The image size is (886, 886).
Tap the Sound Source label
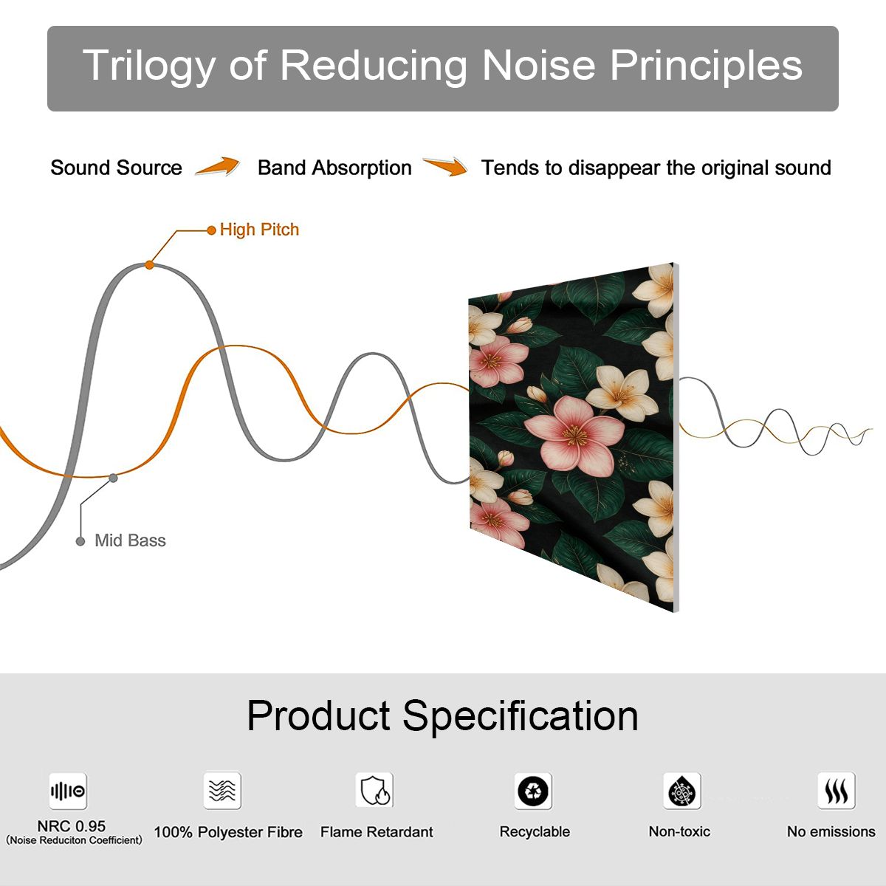click(x=117, y=168)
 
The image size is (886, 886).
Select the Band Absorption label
click(x=334, y=168)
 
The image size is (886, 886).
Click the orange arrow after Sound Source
click(x=218, y=166)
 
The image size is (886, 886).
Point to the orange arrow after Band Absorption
click(x=445, y=166)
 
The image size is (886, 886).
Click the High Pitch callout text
click(x=259, y=230)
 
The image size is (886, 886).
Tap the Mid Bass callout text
click(x=130, y=540)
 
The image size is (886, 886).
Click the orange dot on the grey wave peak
click(x=149, y=265)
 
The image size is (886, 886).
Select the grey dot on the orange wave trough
click(x=113, y=478)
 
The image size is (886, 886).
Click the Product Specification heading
click(x=442, y=716)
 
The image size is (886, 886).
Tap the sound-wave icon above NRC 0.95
click(x=68, y=791)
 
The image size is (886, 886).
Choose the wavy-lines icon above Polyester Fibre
click(x=222, y=790)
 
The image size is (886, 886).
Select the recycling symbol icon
click(x=533, y=791)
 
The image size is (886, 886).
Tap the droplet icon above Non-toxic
click(x=682, y=791)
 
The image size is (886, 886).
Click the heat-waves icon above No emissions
click(x=837, y=790)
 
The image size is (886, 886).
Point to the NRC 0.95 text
click(x=72, y=826)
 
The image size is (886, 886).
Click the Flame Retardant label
click(x=377, y=832)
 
